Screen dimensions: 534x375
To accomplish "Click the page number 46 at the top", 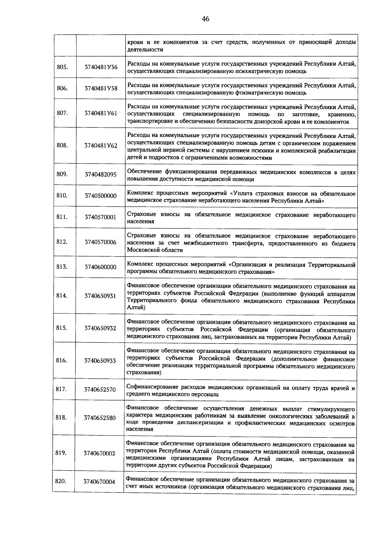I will click(x=205, y=19).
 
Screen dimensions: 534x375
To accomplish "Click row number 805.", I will click(x=62, y=67).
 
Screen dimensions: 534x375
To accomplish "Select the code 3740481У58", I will click(x=101, y=88).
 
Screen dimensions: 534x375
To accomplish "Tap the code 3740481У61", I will click(x=101, y=113).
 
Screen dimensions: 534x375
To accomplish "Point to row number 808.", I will click(x=62, y=145).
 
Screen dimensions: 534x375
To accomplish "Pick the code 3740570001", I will click(x=100, y=217).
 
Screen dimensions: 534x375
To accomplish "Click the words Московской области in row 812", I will click(x=155, y=250).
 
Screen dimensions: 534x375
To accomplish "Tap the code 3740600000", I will click(x=100, y=267).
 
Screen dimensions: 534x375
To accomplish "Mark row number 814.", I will click(x=62, y=295).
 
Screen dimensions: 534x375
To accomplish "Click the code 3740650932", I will click(x=100, y=328).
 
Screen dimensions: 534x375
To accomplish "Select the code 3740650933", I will click(x=100, y=361).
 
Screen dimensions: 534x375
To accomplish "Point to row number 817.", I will click(x=61, y=389).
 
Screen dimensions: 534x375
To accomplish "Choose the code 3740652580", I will click(x=100, y=418).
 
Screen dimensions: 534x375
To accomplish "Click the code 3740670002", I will click(x=99, y=453).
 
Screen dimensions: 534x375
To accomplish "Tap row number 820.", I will click(x=61, y=481).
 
